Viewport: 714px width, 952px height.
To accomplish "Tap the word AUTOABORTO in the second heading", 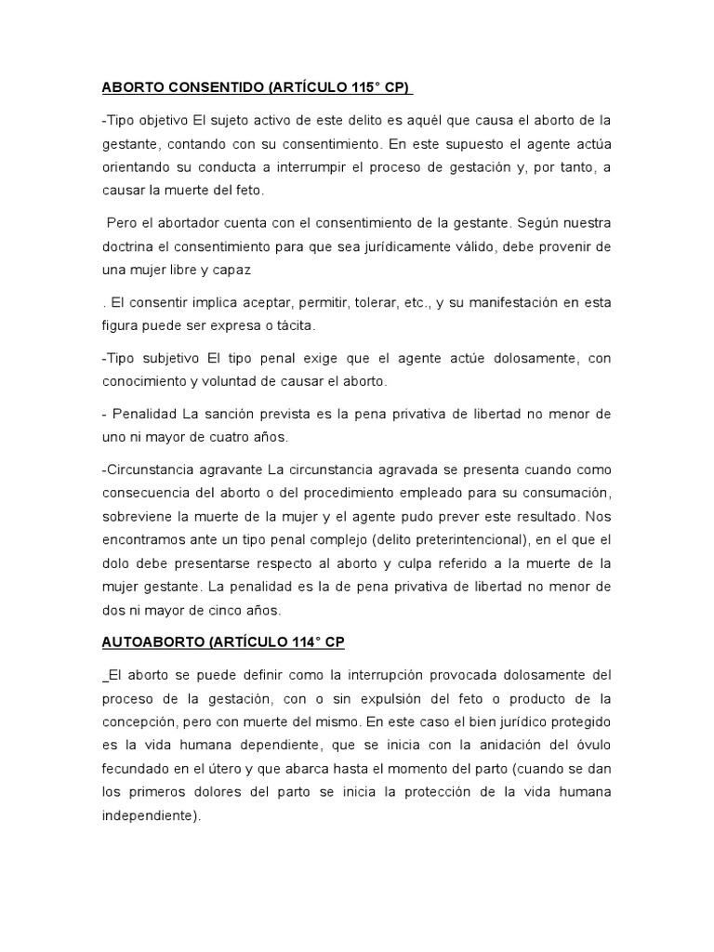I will [x=150, y=641].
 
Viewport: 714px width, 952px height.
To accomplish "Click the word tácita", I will [x=291, y=326].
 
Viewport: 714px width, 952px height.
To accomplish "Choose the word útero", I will [x=252, y=767].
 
